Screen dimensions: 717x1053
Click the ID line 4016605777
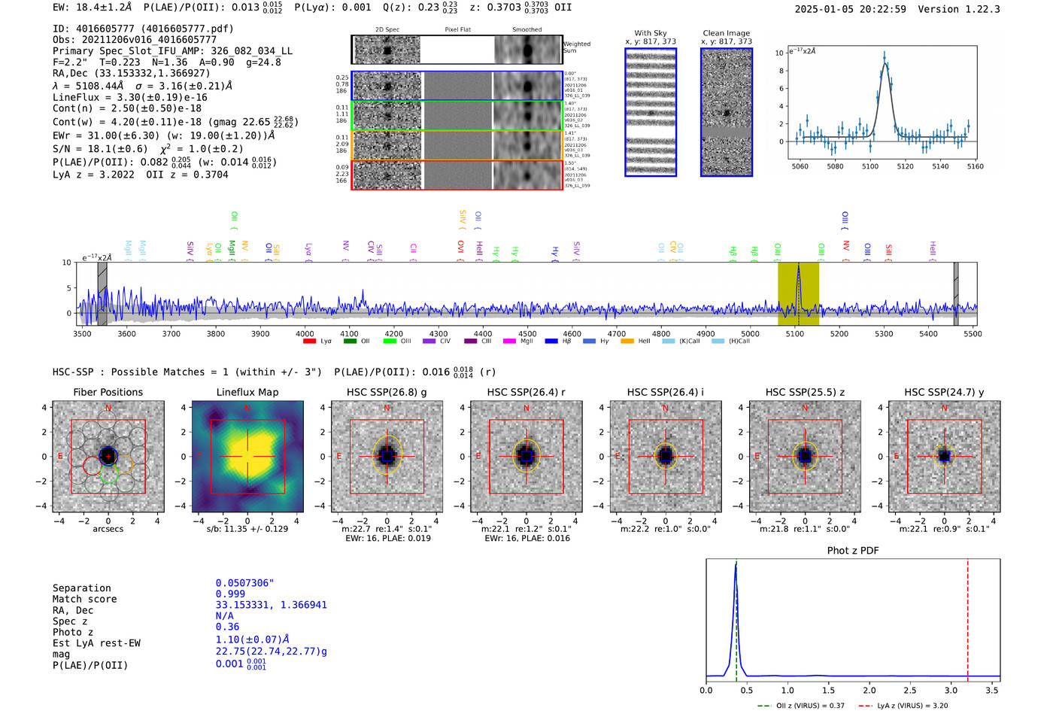click(x=143, y=29)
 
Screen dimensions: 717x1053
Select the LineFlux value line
click(x=129, y=97)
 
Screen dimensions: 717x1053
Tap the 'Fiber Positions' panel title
click(x=108, y=392)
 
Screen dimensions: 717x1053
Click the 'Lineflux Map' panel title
click(x=247, y=392)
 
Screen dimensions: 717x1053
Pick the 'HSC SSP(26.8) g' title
click(x=387, y=392)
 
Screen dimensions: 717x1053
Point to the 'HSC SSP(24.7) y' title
click(x=944, y=392)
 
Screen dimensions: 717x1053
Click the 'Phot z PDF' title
click(x=853, y=551)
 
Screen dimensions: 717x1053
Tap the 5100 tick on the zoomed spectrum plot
click(x=870, y=166)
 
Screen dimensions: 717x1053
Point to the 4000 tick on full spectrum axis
click(x=305, y=333)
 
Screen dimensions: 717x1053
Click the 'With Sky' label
click(x=651, y=33)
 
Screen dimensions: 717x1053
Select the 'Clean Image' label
click(x=726, y=33)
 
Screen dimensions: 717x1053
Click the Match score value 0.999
click(x=230, y=594)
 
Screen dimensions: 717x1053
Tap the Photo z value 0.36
click(x=227, y=627)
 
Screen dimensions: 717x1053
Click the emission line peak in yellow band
click(x=798, y=267)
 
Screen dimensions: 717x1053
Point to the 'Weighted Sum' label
click(x=576, y=47)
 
